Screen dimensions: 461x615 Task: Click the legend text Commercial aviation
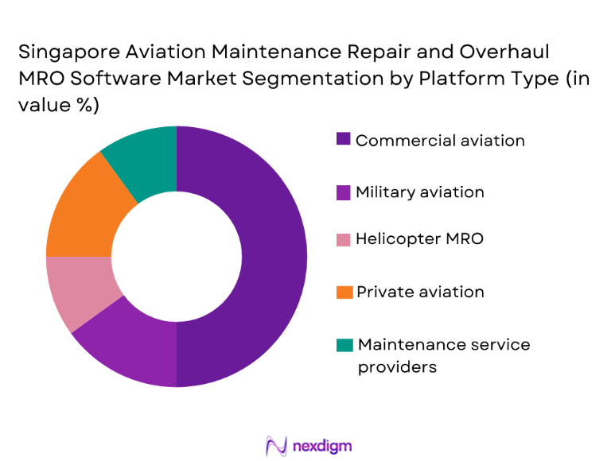tap(440, 141)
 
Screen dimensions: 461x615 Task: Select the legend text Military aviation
tap(419, 192)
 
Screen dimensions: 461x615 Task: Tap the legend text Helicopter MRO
tap(418, 238)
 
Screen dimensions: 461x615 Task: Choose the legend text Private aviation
tap(419, 292)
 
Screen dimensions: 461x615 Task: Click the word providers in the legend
tap(397, 366)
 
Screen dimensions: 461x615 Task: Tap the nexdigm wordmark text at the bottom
tap(321, 445)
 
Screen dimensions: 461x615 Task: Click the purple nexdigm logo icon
tap(276, 445)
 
